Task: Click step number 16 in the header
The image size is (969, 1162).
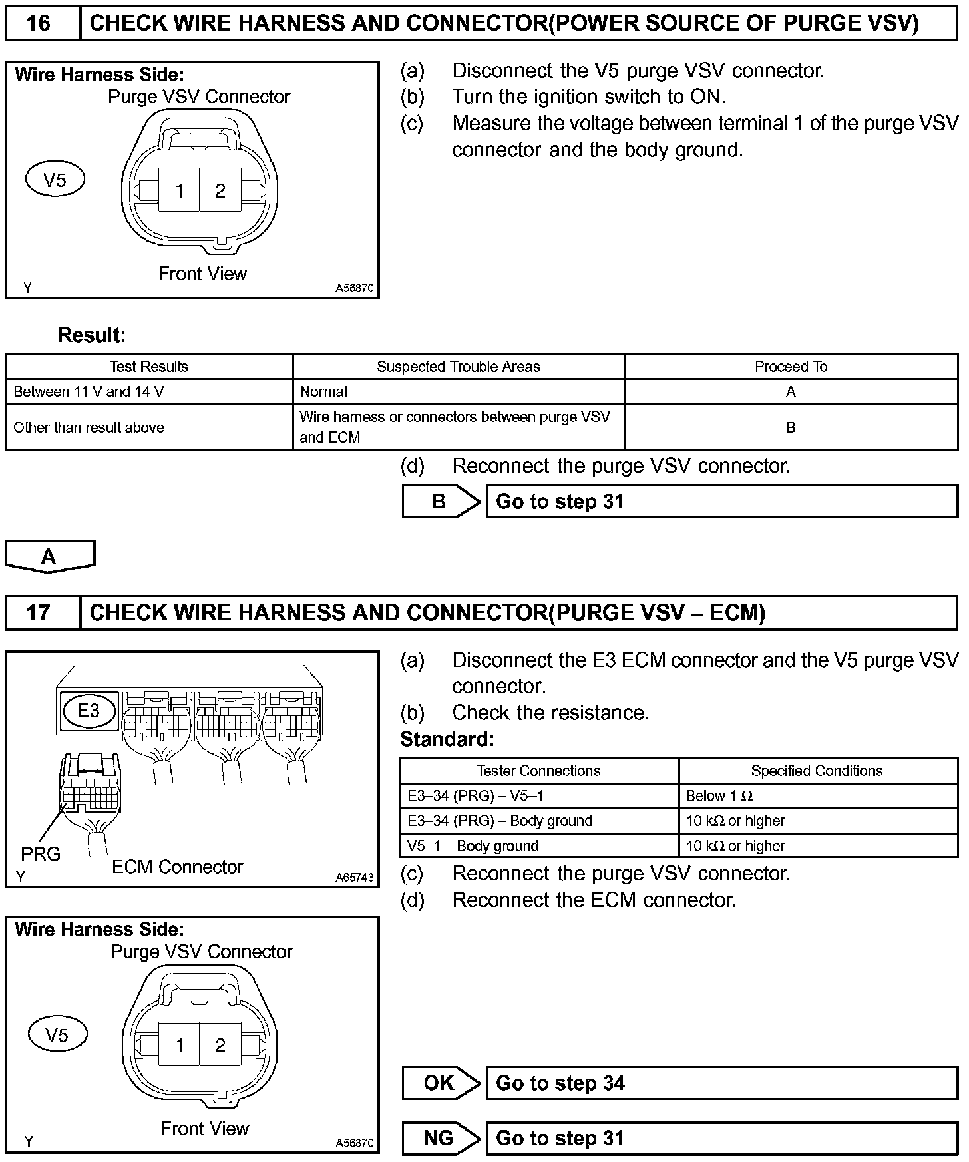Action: (39, 23)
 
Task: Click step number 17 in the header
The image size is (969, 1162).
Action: (39, 612)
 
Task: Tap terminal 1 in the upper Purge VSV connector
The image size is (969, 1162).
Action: (179, 191)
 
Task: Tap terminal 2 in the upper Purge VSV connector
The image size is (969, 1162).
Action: (220, 191)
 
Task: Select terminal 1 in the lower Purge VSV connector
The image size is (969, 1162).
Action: (179, 1046)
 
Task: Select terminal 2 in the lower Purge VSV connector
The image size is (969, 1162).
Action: (220, 1046)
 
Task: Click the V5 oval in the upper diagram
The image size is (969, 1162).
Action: (55, 180)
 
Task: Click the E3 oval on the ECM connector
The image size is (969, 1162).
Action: (89, 710)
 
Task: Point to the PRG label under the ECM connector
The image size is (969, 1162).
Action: (41, 853)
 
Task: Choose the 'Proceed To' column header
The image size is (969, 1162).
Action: (791, 367)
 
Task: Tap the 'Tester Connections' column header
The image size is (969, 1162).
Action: (538, 771)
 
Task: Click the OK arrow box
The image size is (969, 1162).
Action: (439, 1083)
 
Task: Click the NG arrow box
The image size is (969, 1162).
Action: (439, 1138)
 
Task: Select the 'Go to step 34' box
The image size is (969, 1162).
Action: (721, 1083)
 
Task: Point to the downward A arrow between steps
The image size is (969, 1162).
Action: (49, 556)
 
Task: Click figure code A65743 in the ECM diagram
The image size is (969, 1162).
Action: (355, 877)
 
